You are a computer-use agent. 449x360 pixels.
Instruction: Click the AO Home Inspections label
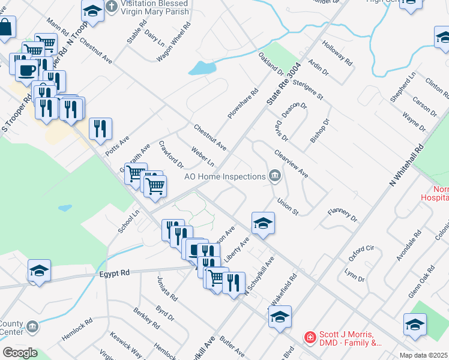point(224,176)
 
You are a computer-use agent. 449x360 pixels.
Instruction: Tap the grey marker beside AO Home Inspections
point(275,176)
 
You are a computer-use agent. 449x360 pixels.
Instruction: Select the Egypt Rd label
point(115,272)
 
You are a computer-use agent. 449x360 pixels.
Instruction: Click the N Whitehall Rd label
point(408,165)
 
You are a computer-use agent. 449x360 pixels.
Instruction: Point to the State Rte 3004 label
point(283,85)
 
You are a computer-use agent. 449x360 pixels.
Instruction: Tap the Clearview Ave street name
point(291,164)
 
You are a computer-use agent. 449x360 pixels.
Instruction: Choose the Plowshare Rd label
point(243,103)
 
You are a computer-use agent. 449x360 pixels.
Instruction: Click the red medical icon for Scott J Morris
point(310,338)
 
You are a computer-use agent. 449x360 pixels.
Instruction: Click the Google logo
point(20,353)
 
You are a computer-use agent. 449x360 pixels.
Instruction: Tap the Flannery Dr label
point(343,215)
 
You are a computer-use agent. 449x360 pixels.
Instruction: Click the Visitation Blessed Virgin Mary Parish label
point(155,8)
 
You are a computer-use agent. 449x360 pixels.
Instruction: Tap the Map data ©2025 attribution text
point(424,355)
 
